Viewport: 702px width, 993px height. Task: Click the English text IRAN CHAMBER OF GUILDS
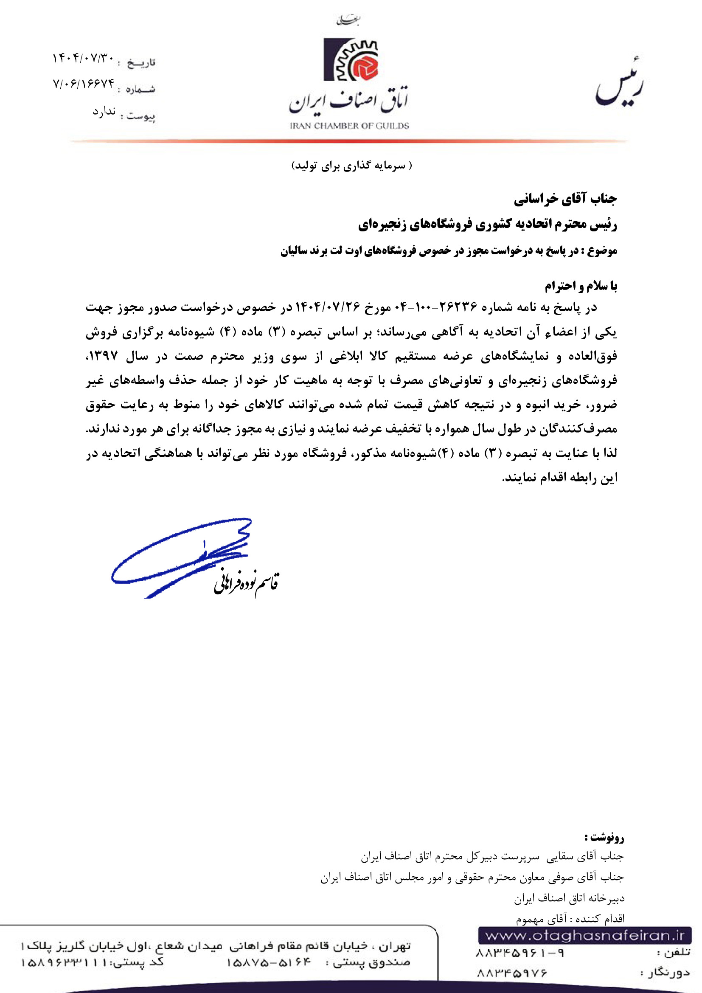(x=349, y=126)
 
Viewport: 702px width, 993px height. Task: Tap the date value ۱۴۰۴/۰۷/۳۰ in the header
(x=83, y=58)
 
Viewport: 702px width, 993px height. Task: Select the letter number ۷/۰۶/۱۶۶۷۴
(x=84, y=83)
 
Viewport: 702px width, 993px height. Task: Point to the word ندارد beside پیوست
(x=104, y=112)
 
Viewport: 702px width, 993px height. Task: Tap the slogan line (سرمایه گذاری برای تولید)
(x=351, y=166)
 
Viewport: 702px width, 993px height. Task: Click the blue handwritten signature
(x=182, y=556)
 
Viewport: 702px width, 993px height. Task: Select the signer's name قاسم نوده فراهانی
(x=247, y=583)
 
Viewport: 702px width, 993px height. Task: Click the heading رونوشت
(x=605, y=837)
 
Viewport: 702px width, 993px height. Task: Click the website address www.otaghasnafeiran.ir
(x=585, y=936)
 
